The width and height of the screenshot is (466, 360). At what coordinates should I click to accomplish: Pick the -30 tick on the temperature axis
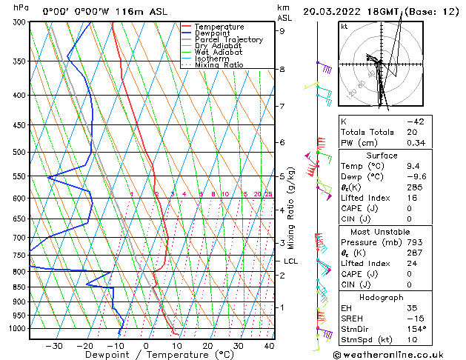(x=53, y=346)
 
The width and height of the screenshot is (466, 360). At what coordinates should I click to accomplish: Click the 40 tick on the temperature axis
(x=269, y=346)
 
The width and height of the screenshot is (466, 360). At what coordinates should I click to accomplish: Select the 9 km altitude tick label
(x=282, y=31)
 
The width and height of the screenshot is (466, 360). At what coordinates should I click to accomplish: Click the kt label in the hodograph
(x=344, y=26)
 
